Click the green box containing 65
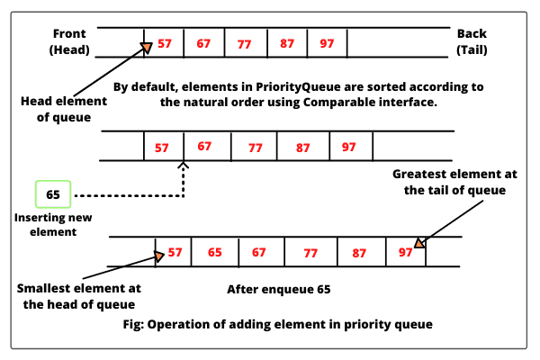(53, 194)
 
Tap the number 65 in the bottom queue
(214, 252)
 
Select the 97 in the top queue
(327, 43)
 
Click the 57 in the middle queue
(161, 148)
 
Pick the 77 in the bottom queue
(310, 253)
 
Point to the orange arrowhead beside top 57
(147, 48)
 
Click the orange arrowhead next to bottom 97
(419, 243)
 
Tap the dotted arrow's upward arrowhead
(184, 166)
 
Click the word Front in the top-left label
(69, 34)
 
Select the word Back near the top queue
(472, 34)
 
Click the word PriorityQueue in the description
(298, 86)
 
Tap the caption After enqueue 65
(279, 289)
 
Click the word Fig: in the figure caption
(133, 324)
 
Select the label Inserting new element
(53, 225)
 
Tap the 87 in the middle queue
(302, 148)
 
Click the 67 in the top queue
(203, 43)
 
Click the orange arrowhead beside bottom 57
(158, 256)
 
